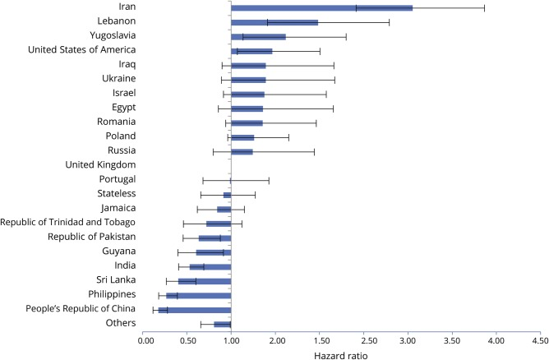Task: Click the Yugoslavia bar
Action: click(x=258, y=36)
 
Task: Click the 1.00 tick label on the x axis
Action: click(x=231, y=337)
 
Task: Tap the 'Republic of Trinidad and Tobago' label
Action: click(x=68, y=222)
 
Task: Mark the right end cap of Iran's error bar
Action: click(x=484, y=7)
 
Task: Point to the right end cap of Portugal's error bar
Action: click(x=269, y=180)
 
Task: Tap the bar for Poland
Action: click(x=242, y=137)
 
